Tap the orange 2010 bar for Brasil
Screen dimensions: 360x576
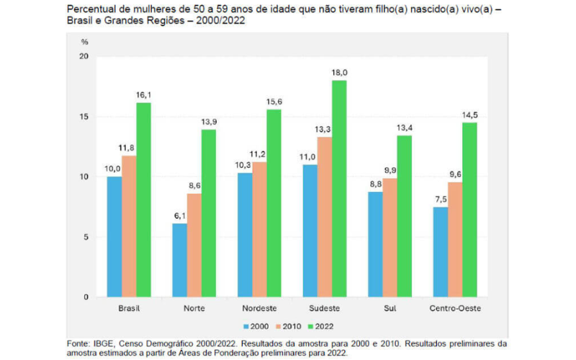pyautogui.click(x=129, y=226)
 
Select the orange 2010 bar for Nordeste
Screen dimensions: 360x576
pyautogui.click(x=258, y=230)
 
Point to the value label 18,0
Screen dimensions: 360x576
pyautogui.click(x=340, y=73)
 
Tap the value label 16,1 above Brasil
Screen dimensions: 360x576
pyautogui.click(x=143, y=96)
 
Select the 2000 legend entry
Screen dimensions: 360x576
pyautogui.click(x=254, y=327)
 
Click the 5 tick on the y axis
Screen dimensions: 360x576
pyautogui.click(x=86, y=237)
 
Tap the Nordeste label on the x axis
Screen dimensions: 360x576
pyautogui.click(x=258, y=308)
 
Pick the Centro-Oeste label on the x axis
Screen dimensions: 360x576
pyautogui.click(x=454, y=308)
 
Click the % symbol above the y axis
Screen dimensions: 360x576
pyautogui.click(x=85, y=42)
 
